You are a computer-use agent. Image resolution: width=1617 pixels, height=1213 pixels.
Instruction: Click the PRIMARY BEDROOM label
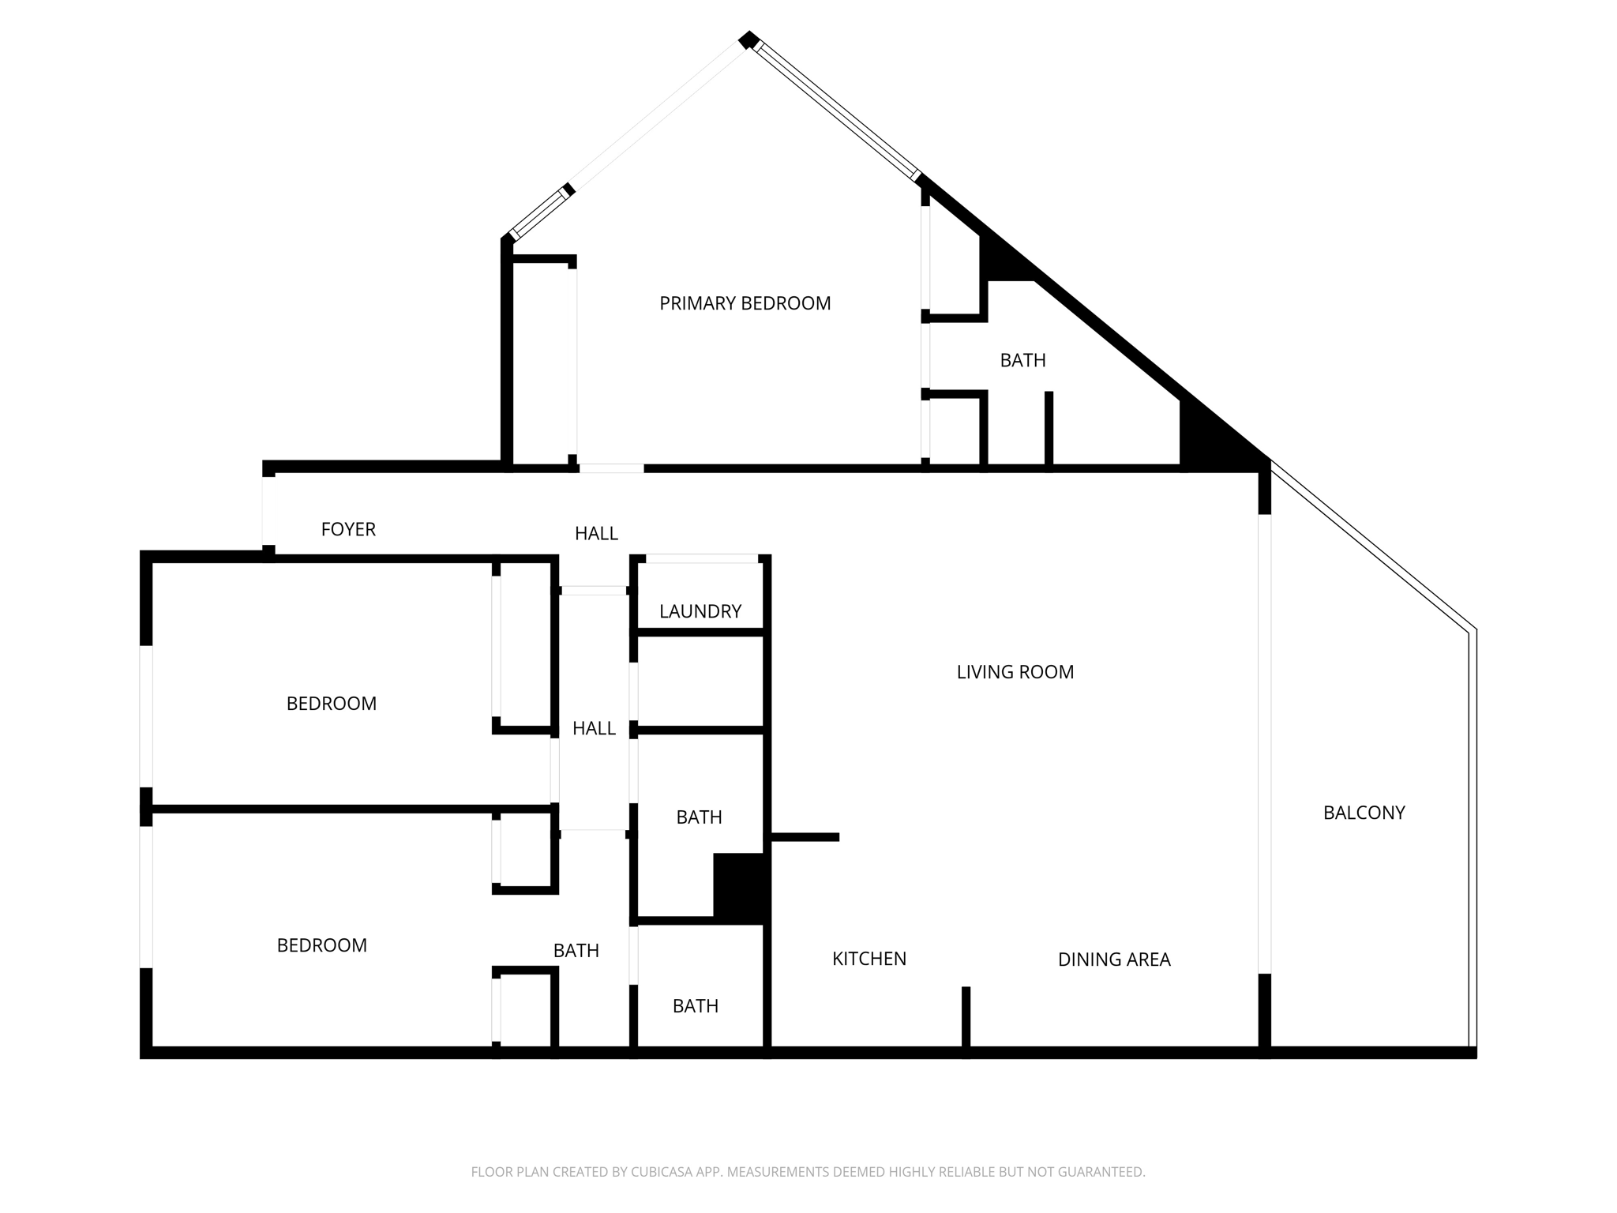(x=745, y=303)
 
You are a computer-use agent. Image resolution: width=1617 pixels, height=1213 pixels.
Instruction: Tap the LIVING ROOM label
(x=1015, y=672)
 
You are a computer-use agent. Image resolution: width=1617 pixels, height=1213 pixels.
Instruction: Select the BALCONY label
(x=1364, y=813)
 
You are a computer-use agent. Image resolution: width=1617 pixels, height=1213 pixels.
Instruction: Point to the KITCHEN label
(x=869, y=959)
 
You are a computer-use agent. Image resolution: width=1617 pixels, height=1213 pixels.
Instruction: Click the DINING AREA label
(x=1113, y=960)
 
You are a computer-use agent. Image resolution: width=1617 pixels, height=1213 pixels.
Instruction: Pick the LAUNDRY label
(x=700, y=611)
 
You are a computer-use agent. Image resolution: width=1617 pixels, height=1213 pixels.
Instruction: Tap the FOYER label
(x=348, y=529)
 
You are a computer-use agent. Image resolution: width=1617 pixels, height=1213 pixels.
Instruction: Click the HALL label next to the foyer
(x=596, y=534)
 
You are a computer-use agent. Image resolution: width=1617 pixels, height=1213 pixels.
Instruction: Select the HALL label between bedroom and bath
(x=594, y=728)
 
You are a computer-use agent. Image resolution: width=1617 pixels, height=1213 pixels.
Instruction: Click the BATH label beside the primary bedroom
(x=1022, y=360)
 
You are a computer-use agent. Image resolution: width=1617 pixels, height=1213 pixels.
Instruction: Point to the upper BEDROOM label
(x=331, y=704)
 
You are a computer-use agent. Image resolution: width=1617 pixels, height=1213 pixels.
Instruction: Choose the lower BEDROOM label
(x=321, y=945)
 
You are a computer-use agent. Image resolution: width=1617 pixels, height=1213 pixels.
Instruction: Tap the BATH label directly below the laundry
(x=699, y=817)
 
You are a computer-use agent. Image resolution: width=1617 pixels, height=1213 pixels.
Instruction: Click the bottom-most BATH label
(x=695, y=1006)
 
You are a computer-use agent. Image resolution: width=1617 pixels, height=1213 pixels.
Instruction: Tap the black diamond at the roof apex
(x=748, y=39)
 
